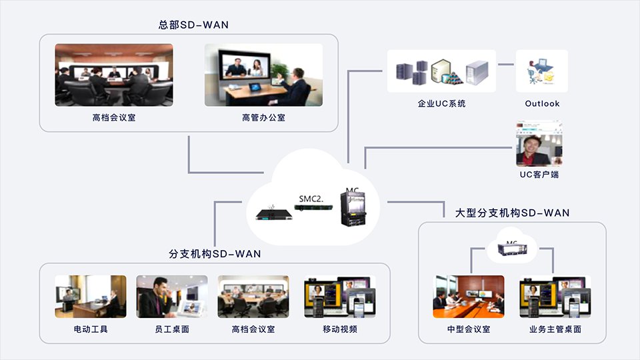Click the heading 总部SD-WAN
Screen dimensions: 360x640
coord(193,25)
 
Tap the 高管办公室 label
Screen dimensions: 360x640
coord(263,118)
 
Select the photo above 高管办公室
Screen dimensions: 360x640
coord(263,75)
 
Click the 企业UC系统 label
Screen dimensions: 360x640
coord(441,104)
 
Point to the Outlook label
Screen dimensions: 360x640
coord(542,104)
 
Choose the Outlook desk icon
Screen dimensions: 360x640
coord(542,71)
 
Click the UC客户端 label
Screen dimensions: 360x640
coord(539,175)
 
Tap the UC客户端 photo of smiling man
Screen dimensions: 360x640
coord(539,144)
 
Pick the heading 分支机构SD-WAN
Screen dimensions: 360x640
coord(215,254)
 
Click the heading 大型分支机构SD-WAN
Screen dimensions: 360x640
coord(512,213)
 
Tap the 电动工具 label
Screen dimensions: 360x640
coord(91,329)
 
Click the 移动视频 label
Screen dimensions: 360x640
coord(340,329)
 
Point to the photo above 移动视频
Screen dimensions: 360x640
coord(340,297)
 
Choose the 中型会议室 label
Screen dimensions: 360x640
coord(469,329)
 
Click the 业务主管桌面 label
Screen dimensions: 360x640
coord(555,329)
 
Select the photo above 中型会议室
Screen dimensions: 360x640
coord(469,297)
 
